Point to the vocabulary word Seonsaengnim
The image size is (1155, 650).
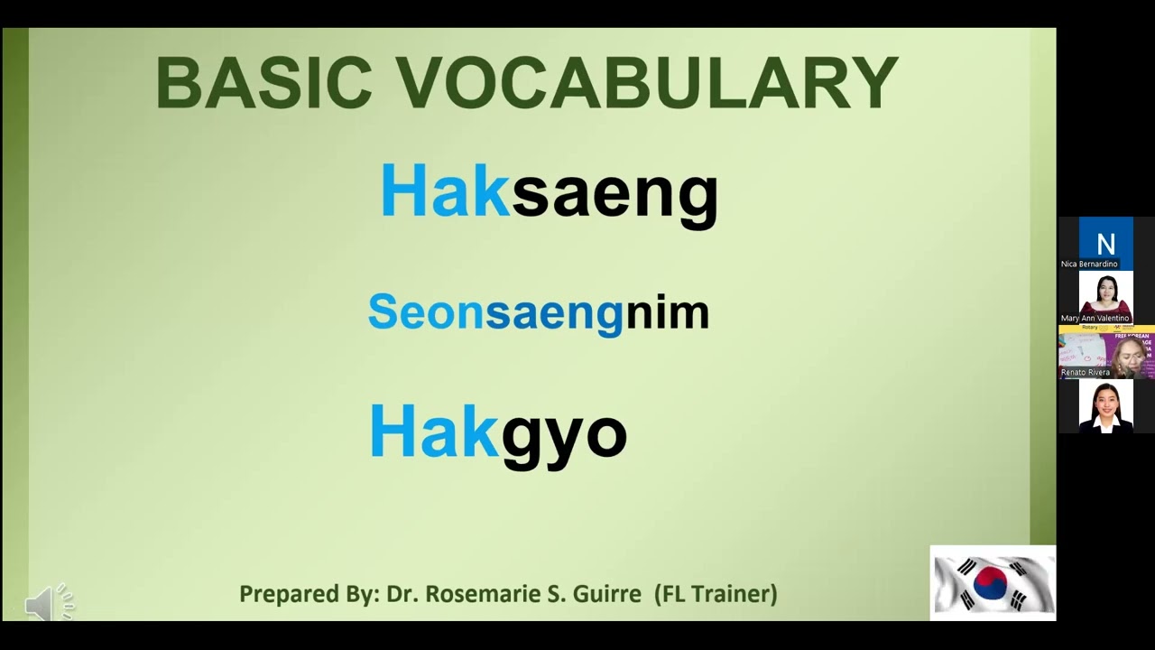(x=539, y=312)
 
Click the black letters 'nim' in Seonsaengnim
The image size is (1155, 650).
(x=667, y=312)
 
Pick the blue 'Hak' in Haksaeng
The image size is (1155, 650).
(x=445, y=191)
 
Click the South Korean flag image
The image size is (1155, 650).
(x=993, y=583)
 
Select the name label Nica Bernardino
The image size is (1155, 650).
(x=1089, y=264)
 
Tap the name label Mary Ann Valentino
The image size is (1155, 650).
(x=1095, y=318)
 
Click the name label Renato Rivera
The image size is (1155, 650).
(x=1086, y=372)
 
